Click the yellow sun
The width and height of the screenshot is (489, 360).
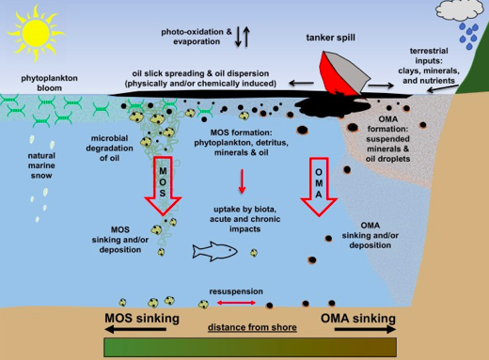pyautogui.click(x=36, y=34)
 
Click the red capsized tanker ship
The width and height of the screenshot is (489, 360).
pyautogui.click(x=343, y=74)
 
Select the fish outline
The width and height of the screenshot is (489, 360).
pyautogui.click(x=214, y=251)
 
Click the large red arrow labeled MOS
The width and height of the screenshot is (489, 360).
pyautogui.click(x=163, y=185)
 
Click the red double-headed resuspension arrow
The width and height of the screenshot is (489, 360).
pyautogui.click(x=236, y=303)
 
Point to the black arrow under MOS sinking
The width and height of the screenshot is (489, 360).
pyautogui.click(x=135, y=329)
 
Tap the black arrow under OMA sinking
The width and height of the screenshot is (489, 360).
pyautogui.click(x=365, y=329)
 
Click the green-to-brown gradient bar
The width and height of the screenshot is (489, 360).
pyautogui.click(x=250, y=347)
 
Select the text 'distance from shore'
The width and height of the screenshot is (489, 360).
pyautogui.click(x=252, y=327)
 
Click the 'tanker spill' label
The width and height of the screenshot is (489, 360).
pyautogui.click(x=330, y=38)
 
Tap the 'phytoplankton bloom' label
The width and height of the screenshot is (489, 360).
pyautogui.click(x=49, y=83)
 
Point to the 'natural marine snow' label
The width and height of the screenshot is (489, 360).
pyautogui.click(x=41, y=165)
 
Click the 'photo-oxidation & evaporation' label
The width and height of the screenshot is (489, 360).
pyautogui.click(x=197, y=37)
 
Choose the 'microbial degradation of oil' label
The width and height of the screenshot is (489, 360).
pyautogui.click(x=109, y=149)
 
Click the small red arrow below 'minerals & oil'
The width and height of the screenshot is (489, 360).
pyautogui.click(x=242, y=181)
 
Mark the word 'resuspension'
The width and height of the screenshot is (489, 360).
pyautogui.click(x=236, y=291)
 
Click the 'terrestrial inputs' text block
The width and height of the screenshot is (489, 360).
pyautogui.click(x=429, y=66)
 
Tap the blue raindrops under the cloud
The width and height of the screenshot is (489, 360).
pyautogui.click(x=469, y=36)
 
